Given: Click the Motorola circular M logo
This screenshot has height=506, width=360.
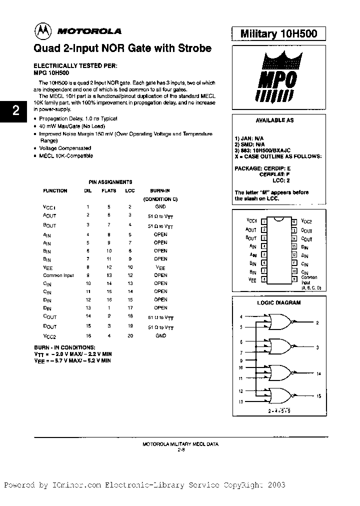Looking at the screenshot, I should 41,31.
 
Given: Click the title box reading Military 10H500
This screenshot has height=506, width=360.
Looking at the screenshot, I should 279,33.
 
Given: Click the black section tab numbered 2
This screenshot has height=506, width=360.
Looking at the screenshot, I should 15,111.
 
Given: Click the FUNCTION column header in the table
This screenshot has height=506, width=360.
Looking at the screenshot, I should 55,191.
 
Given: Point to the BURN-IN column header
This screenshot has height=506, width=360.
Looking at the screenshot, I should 160,191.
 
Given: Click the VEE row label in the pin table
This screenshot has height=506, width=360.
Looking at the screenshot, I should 48,267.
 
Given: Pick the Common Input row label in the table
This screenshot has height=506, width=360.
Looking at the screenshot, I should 59,275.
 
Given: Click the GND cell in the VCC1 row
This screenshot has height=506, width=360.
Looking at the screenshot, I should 160,206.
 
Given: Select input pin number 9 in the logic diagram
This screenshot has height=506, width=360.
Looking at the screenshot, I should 240,360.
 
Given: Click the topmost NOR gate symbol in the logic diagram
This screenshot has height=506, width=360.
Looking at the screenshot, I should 280,322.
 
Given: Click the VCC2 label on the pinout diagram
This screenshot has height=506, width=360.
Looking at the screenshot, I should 307,220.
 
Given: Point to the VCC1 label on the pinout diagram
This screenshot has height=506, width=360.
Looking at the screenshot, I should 251,220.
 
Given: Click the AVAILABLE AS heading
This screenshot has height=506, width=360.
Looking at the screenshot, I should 274,120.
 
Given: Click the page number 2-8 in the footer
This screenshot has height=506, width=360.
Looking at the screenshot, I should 181,449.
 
